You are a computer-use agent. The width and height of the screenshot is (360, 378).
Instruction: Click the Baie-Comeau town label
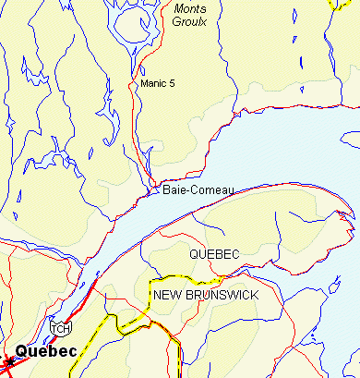point(198,190)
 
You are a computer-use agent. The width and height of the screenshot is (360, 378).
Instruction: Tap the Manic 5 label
point(158,84)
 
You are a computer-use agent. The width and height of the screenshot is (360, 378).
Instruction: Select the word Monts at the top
point(190,8)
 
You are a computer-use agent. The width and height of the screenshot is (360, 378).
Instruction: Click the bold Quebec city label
point(46,352)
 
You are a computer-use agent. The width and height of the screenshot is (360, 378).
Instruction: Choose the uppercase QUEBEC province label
point(213,253)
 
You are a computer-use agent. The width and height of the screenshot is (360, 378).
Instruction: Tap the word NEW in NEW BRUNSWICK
point(167,295)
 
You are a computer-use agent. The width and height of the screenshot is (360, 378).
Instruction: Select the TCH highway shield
point(60,328)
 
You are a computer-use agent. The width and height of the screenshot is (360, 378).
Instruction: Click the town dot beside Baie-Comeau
point(154,191)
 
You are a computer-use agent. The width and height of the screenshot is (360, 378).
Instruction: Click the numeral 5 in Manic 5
point(172,84)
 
